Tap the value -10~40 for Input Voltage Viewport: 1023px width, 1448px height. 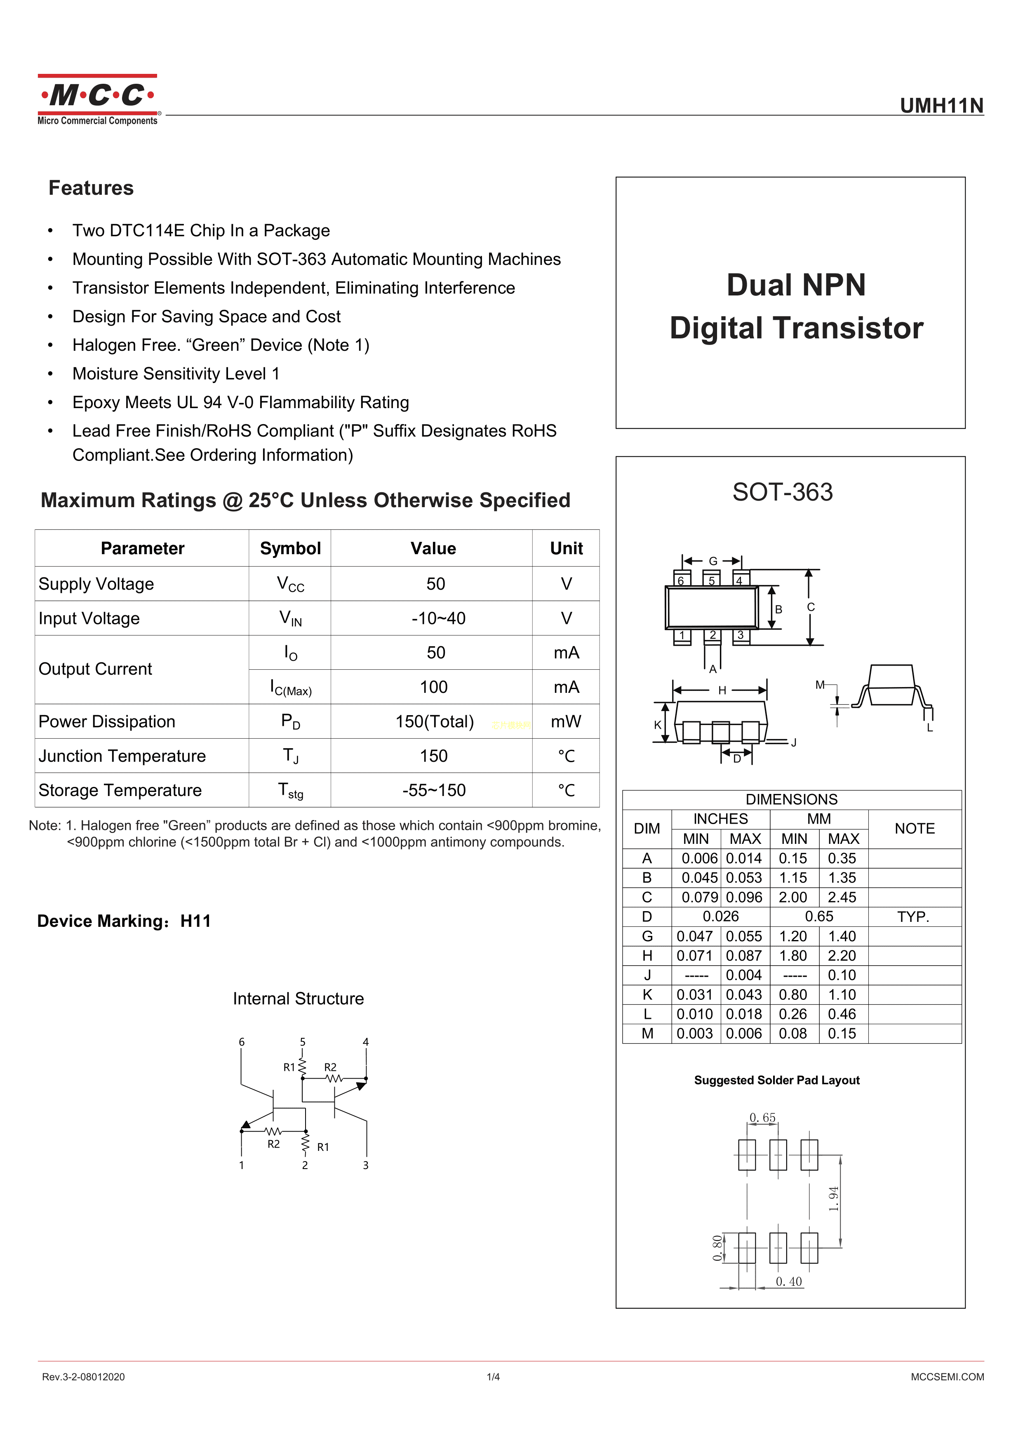tap(438, 618)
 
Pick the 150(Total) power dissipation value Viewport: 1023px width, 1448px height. tap(434, 721)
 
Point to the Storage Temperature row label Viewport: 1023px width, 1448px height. tap(120, 790)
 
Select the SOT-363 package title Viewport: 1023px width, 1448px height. tap(782, 492)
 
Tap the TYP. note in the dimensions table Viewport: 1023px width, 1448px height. tap(913, 917)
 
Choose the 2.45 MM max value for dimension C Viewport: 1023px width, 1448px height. tap(842, 898)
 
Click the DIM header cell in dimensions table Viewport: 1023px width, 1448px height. tap(647, 829)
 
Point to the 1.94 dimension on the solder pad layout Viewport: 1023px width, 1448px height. tap(833, 1199)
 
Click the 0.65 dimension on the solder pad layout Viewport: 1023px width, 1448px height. tap(762, 1117)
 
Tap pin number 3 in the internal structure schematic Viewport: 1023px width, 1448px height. tap(366, 1165)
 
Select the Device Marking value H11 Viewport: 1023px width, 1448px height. tap(195, 921)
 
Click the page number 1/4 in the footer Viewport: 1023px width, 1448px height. tap(493, 1377)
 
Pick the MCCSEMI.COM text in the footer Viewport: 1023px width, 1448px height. tap(947, 1377)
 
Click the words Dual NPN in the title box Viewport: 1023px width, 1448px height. tap(796, 285)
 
